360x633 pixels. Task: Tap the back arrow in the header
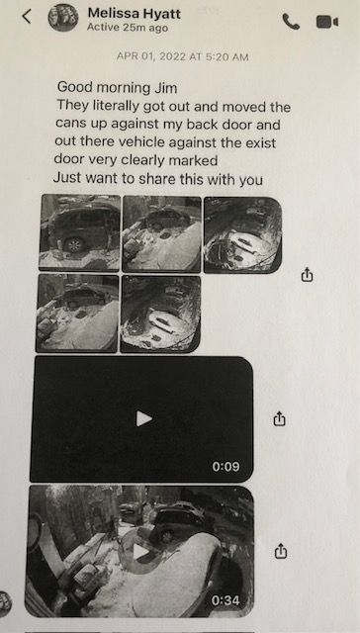(x=27, y=17)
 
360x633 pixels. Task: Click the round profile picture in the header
(x=63, y=18)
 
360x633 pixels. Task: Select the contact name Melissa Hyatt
(x=134, y=13)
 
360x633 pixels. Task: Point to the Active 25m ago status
(x=128, y=28)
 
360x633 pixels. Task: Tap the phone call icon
(x=291, y=22)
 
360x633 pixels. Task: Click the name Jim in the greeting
(x=166, y=87)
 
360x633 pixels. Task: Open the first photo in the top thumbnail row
(x=79, y=231)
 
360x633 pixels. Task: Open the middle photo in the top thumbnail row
(x=162, y=233)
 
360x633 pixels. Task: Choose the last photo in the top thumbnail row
(x=243, y=235)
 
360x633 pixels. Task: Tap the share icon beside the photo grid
(x=308, y=275)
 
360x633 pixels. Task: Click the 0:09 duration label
(x=225, y=467)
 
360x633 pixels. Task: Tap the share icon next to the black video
(x=279, y=418)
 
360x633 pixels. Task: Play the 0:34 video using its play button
(x=140, y=551)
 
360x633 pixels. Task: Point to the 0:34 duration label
(x=225, y=600)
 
